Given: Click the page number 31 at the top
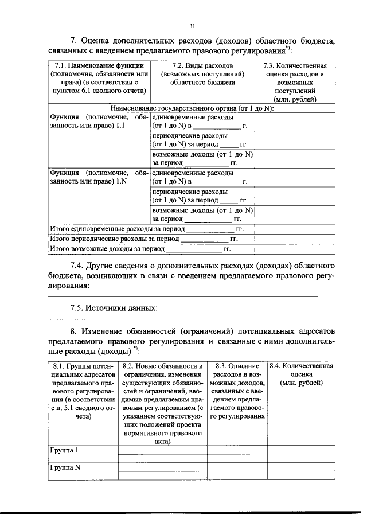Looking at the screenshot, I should pos(192,25).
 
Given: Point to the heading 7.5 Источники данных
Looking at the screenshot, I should pos(114,308).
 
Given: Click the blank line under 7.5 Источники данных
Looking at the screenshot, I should pos(182,319).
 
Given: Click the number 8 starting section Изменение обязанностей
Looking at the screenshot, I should pos(73,331).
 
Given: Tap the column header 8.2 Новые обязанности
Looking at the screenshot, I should pos(162,404).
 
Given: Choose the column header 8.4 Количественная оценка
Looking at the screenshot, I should pos(302,374).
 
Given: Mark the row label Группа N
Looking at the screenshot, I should pos(64,467).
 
